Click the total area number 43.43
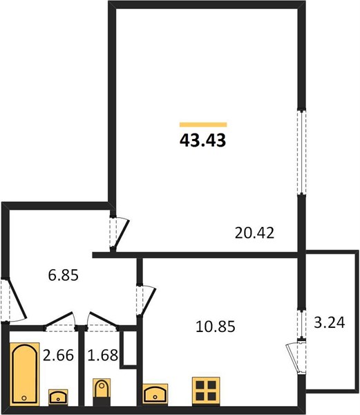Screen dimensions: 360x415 pyautogui.click(x=202, y=140)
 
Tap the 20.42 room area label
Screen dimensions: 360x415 pyautogui.click(x=254, y=233)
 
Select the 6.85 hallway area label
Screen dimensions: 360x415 pyautogui.click(x=64, y=275)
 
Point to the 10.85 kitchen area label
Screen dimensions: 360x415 pyautogui.click(x=216, y=326)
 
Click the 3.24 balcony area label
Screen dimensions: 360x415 pyautogui.click(x=330, y=322)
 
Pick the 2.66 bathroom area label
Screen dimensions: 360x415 pyautogui.click(x=58, y=356)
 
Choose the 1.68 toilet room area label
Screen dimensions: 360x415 pyautogui.click(x=102, y=356)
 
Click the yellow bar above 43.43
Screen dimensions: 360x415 pyautogui.click(x=203, y=124)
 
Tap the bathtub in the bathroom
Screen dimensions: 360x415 pyautogui.click(x=25, y=373)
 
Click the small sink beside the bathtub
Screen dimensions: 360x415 pyautogui.click(x=58, y=397)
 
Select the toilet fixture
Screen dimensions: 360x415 pyautogui.click(x=102, y=392)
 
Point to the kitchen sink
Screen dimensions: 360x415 pyautogui.click(x=155, y=394)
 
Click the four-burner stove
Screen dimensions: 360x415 pyautogui.click(x=206, y=391)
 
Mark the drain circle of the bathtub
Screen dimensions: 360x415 pyautogui.click(x=24, y=398)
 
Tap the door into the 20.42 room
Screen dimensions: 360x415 pyautogui.click(x=119, y=233)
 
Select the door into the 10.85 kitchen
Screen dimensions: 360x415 pyautogui.click(x=146, y=299)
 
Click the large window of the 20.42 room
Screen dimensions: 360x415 pyautogui.click(x=301, y=151)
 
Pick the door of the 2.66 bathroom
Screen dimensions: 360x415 pyautogui.click(x=59, y=322)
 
